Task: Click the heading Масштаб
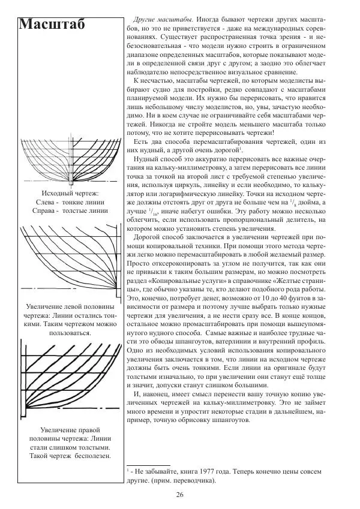(x=52, y=25)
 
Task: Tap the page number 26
(x=180, y=495)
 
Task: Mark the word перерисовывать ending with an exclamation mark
(x=244, y=133)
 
